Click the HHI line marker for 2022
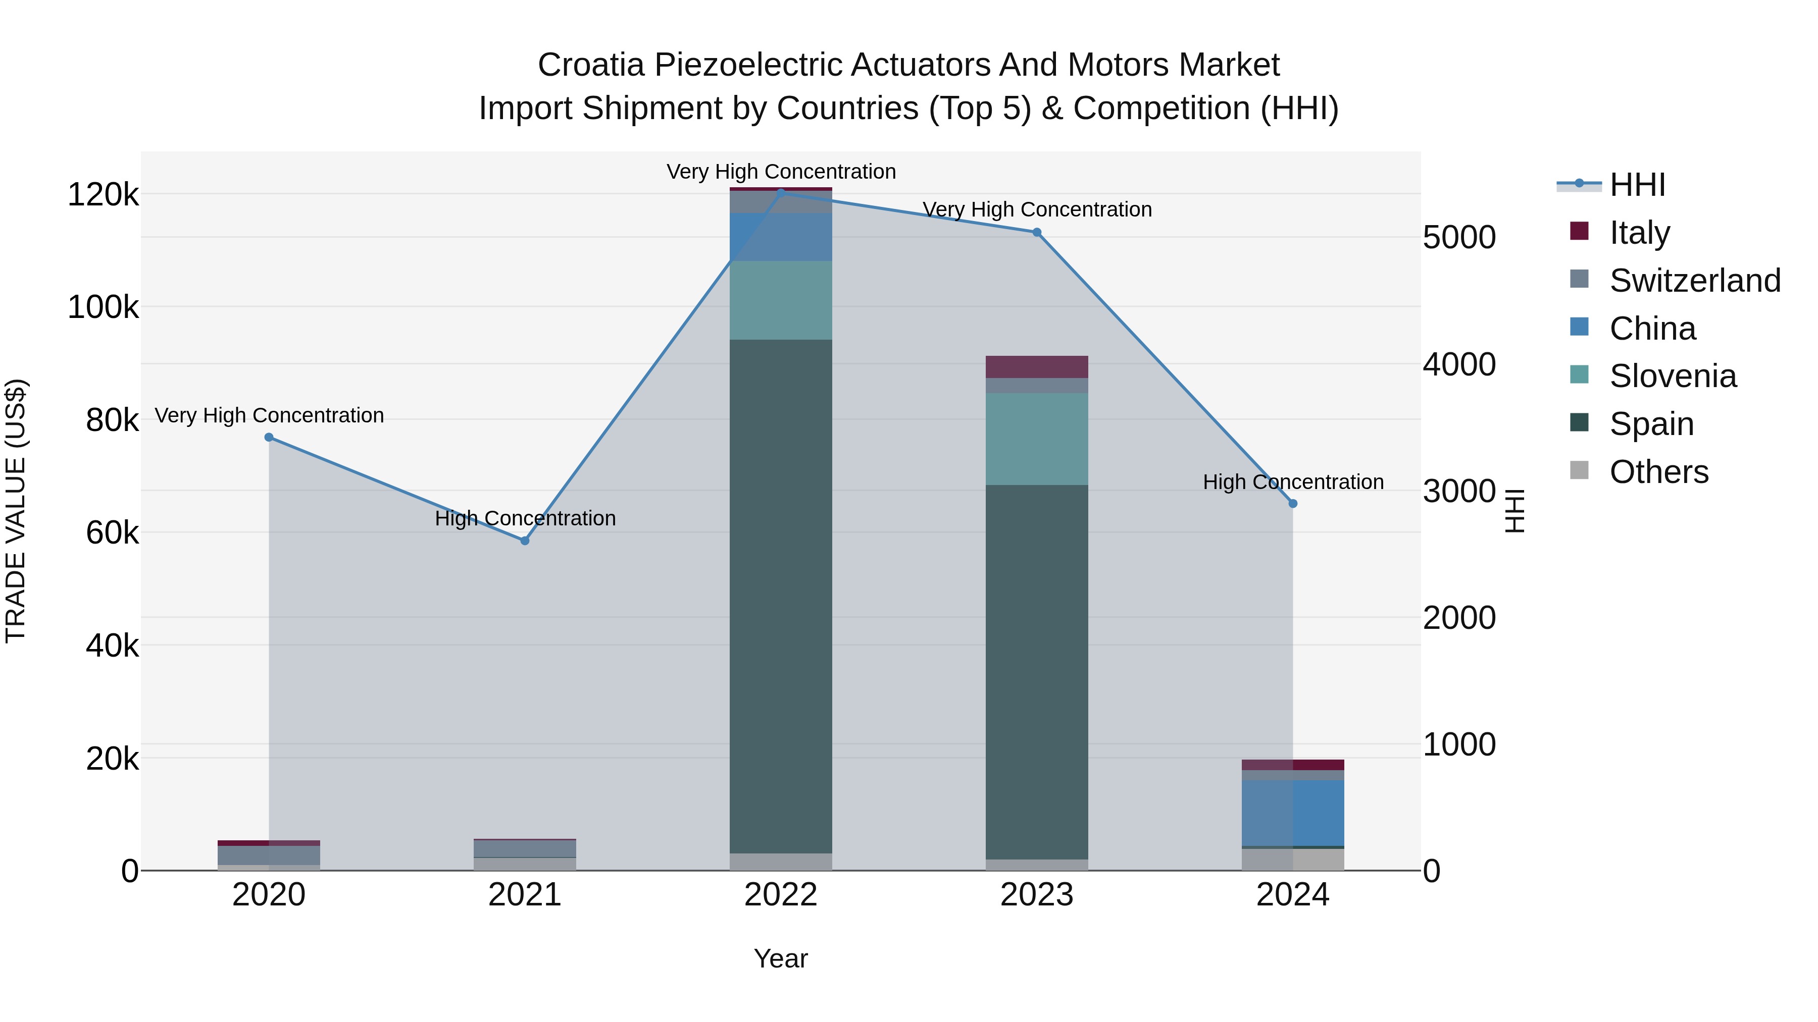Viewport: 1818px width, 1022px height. pos(781,192)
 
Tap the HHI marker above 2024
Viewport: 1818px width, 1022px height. pos(1293,504)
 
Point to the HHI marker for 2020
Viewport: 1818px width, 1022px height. pos(269,437)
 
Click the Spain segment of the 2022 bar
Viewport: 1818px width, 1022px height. pos(781,596)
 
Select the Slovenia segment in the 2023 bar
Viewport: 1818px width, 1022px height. pos(1037,439)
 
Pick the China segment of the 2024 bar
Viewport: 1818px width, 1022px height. pos(1293,813)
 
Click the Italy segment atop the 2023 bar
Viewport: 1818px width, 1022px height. pos(1037,367)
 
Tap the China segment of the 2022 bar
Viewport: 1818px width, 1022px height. pos(781,237)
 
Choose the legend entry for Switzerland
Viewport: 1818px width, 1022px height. pos(1694,280)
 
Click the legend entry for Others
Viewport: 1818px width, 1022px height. pos(1658,472)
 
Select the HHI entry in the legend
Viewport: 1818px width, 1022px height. pos(1637,185)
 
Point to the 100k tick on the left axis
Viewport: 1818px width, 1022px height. pos(103,307)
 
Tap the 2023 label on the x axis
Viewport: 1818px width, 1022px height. pos(1037,895)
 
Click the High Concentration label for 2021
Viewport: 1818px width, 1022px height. pos(525,518)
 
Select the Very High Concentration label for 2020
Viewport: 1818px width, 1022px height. pos(269,415)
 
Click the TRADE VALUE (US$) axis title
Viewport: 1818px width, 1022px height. pos(16,511)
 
